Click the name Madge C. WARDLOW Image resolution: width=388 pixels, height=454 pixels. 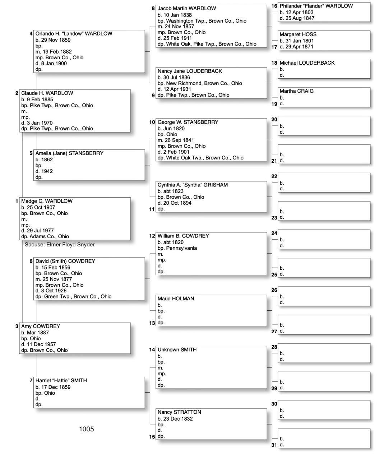(47, 201)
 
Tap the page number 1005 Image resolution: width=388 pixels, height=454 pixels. (86, 429)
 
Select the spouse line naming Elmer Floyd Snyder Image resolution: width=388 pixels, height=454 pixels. (60, 245)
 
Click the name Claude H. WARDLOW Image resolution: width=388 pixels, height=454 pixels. (47, 93)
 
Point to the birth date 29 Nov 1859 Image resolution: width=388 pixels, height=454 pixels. (55, 40)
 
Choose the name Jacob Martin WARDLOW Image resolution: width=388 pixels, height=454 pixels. (187, 8)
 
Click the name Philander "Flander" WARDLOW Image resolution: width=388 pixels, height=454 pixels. (316, 6)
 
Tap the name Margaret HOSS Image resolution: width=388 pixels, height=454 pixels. (298, 34)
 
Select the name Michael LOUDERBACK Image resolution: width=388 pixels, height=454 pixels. (307, 63)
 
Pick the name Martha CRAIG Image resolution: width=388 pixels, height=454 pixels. (296, 91)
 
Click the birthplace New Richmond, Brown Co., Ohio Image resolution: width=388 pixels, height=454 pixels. (204, 83)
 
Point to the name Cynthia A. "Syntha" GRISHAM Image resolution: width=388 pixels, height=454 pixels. (193, 185)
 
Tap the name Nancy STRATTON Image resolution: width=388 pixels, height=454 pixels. (179, 412)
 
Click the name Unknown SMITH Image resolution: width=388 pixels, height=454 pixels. (177, 349)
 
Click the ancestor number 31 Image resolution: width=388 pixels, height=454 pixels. (274, 445)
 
